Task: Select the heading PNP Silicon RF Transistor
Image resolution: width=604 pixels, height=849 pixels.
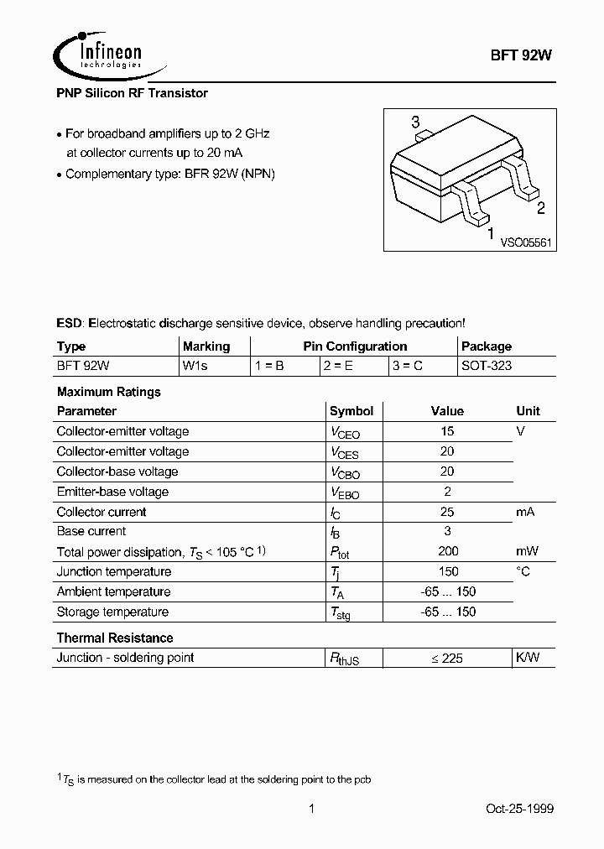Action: pyautogui.click(x=132, y=94)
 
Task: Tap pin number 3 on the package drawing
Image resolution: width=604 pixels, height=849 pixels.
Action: pyautogui.click(x=415, y=123)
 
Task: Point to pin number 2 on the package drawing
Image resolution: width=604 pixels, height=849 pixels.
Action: pyautogui.click(x=541, y=209)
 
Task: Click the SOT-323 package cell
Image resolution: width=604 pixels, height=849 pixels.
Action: pyautogui.click(x=487, y=367)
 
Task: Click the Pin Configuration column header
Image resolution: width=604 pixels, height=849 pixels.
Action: pyautogui.click(x=355, y=346)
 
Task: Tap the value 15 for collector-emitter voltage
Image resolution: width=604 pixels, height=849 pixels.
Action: pyautogui.click(x=447, y=431)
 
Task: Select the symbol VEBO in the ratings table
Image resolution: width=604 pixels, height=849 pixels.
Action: pyautogui.click(x=345, y=492)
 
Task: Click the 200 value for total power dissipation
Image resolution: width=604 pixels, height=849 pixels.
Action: pyautogui.click(x=448, y=551)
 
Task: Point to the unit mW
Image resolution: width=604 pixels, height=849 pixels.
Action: pyautogui.click(x=527, y=551)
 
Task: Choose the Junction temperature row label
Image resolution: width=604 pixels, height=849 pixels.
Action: pyautogui.click(x=113, y=572)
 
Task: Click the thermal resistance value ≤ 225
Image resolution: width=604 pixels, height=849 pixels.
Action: pyautogui.click(x=447, y=659)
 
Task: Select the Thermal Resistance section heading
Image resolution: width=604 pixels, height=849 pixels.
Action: pyautogui.click(x=114, y=638)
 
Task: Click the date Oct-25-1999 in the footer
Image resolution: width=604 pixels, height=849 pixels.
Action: pyautogui.click(x=520, y=809)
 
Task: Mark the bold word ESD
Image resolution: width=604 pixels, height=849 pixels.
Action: pyautogui.click(x=69, y=323)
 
